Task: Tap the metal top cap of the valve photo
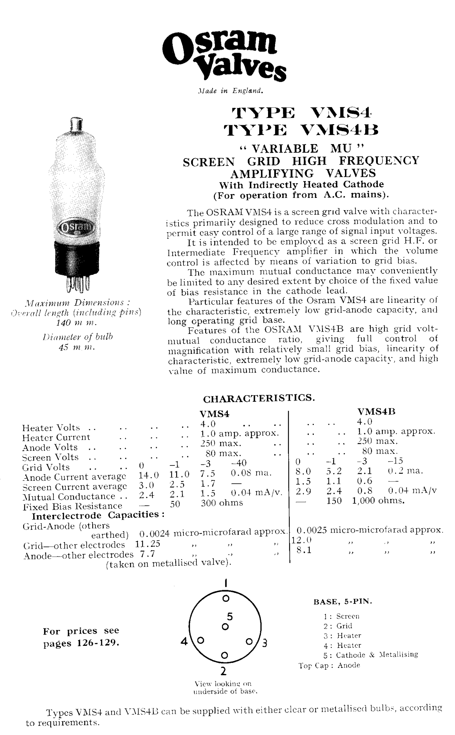[76, 125]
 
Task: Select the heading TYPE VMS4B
[301, 130]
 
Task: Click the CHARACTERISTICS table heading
[259, 399]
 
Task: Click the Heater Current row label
[56, 437]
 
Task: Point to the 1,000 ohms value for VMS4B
[378, 501]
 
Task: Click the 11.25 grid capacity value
[147, 544]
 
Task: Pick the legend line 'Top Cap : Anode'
[329, 665]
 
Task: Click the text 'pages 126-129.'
[81, 643]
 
